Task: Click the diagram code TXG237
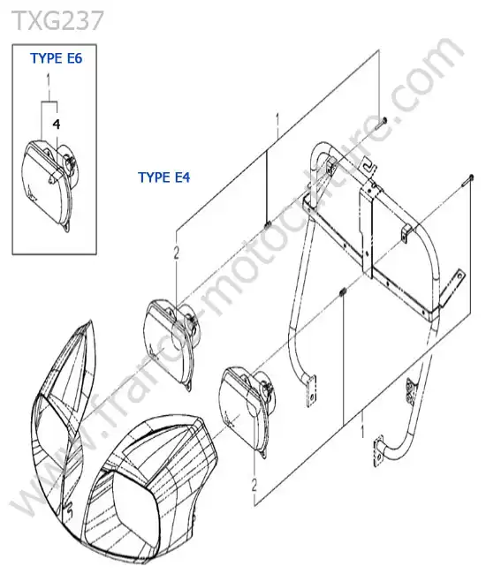58,20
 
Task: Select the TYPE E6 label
57,58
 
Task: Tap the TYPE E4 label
164,177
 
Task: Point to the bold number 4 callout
56,125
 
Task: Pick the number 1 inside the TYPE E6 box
48,80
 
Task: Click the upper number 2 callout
176,253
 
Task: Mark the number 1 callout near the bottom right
362,431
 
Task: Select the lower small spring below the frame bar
343,291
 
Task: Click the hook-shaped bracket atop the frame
368,165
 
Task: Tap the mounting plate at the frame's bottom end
378,451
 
